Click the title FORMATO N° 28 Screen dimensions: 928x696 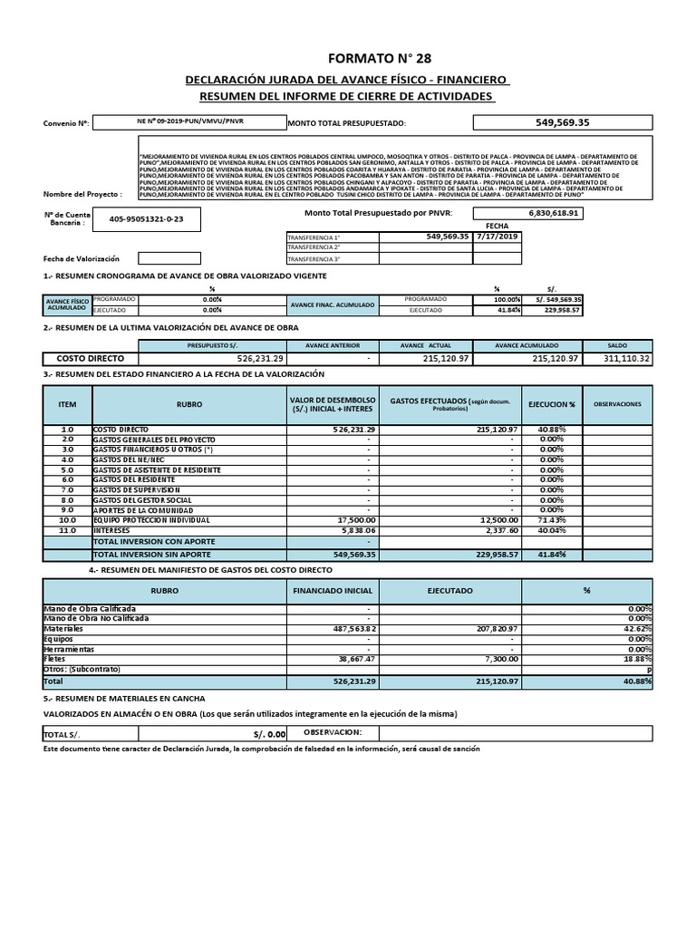coord(348,59)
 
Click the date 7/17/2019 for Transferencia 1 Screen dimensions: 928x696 coord(498,236)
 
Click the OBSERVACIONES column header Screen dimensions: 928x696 coord(617,403)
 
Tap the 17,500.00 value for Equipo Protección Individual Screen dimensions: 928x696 coord(350,520)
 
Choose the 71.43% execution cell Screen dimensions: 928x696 coord(551,520)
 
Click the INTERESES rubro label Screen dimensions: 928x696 coord(112,530)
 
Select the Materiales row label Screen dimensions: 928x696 coord(63,628)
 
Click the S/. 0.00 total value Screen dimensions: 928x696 coord(268,733)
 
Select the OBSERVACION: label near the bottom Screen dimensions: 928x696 coord(333,731)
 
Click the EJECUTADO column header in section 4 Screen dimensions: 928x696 coord(450,589)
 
